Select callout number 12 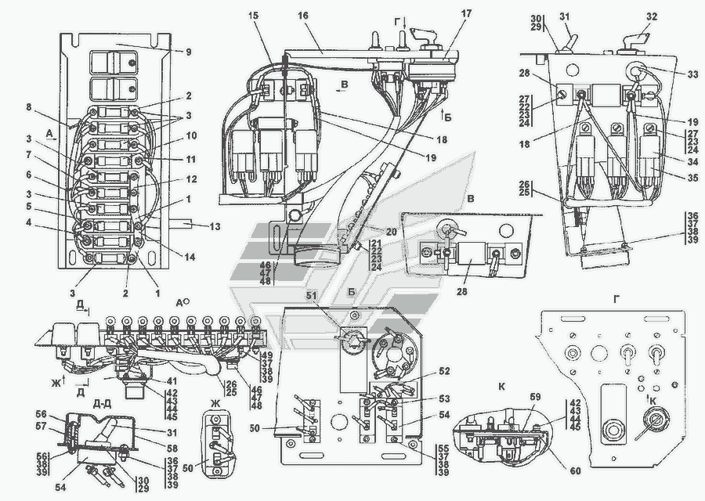click(x=192, y=178)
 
